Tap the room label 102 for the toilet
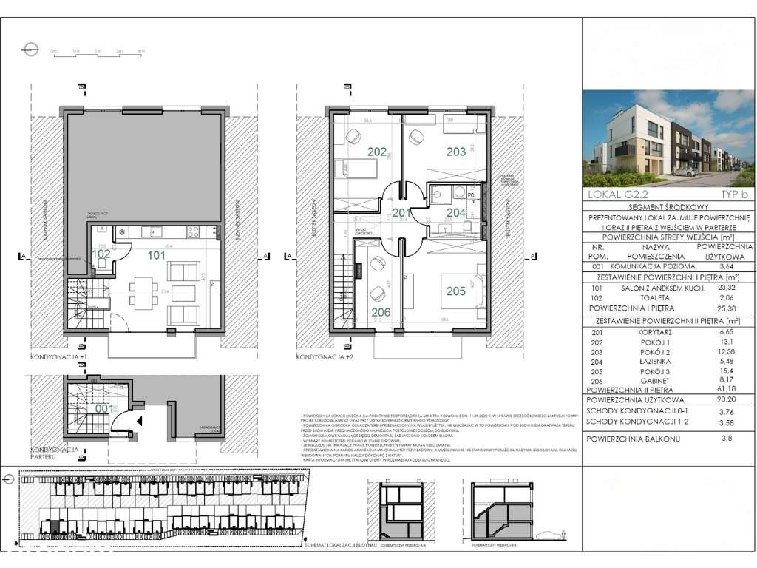click(x=101, y=252)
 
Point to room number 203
click(x=456, y=152)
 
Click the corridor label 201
click(x=401, y=214)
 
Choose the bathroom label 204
click(x=456, y=213)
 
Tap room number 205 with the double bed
click(x=456, y=291)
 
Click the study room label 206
click(x=381, y=312)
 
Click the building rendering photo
click(x=669, y=138)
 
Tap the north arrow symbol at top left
click(x=30, y=50)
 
